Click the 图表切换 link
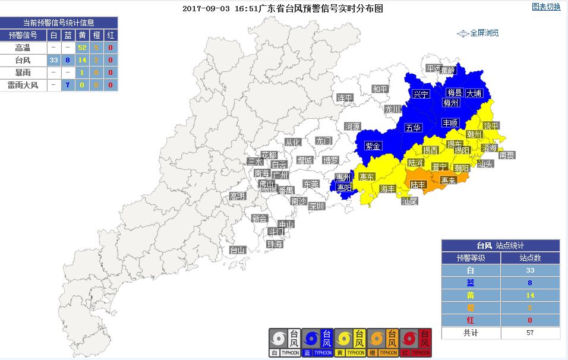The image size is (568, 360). point(545,7)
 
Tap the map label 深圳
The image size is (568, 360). point(317,206)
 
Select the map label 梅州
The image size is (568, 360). point(451,103)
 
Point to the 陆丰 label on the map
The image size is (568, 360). point(418,185)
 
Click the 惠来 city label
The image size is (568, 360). point(448,181)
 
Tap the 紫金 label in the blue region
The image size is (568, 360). point(373,146)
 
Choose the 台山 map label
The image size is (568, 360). point(238,250)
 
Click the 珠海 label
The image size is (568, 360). point(274,244)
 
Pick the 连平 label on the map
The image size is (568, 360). point(345,97)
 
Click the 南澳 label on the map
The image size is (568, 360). point(506,155)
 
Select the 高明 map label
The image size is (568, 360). point(237,196)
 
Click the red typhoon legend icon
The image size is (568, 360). point(416,342)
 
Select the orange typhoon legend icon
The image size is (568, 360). point(383,342)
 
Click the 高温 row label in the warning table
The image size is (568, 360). point(23,48)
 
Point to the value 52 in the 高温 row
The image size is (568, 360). point(82,48)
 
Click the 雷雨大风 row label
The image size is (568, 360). point(23,85)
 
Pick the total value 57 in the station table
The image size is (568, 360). point(530,333)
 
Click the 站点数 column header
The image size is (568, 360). point(530,258)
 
